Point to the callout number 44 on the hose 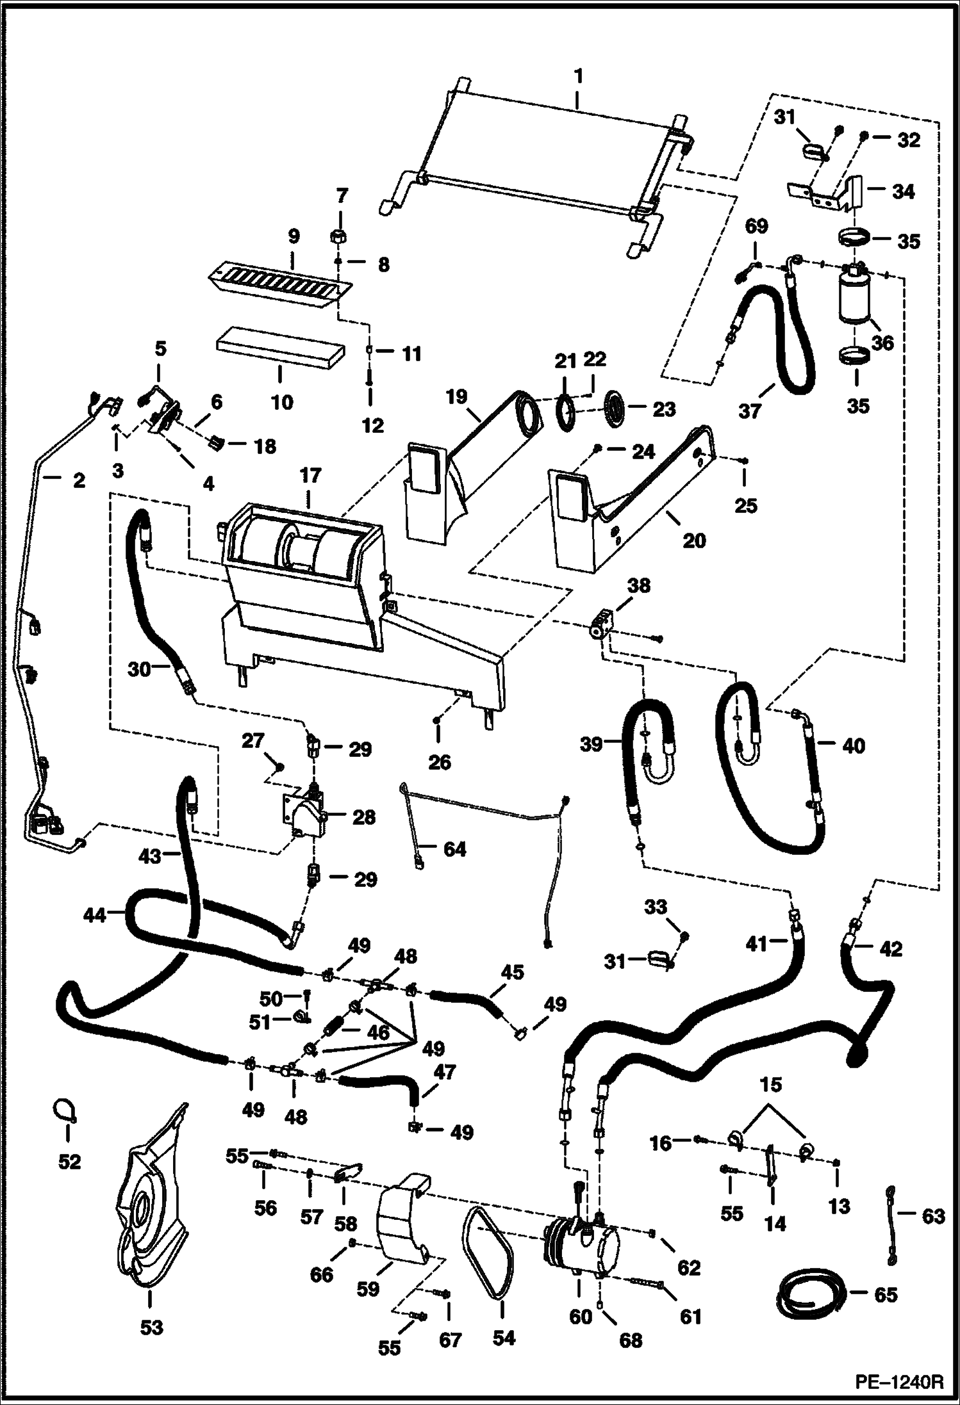[x=95, y=916]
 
